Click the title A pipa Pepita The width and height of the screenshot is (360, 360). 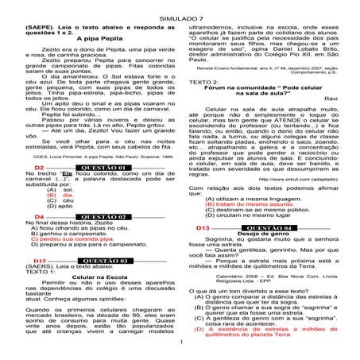[x=90, y=37]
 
